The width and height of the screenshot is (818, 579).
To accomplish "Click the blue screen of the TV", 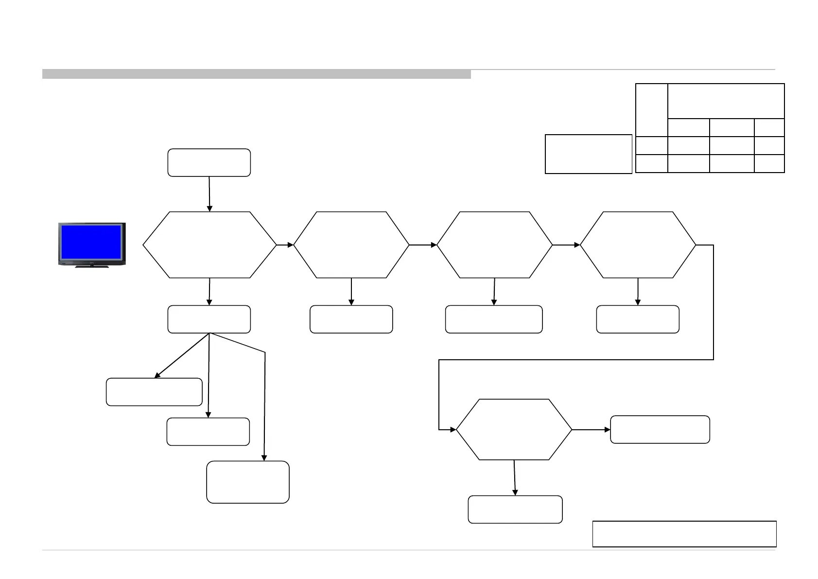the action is point(91,242).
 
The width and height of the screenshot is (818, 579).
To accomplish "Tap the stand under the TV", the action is point(92,266).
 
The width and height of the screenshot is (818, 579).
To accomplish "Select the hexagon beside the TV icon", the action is point(209,245).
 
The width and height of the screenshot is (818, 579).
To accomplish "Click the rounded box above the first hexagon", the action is point(209,162).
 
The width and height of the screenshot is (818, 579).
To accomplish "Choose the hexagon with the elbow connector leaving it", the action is point(638,245).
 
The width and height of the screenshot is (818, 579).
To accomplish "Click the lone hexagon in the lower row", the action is point(514,429).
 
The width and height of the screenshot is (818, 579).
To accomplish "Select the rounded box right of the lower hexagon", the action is point(660,429).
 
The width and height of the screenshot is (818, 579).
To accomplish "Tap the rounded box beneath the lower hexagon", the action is point(515,509).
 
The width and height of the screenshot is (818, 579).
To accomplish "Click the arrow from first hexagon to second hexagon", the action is point(285,245).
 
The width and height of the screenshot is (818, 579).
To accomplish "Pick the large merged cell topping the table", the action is point(726,101).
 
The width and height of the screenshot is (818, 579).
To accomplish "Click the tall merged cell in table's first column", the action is point(651,110).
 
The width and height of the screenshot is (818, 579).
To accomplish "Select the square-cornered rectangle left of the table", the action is point(588,154).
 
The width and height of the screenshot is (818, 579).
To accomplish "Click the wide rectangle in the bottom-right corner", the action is point(684,534).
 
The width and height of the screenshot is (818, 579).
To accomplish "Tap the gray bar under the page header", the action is point(256,74).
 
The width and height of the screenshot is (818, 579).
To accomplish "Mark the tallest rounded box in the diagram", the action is point(248,482).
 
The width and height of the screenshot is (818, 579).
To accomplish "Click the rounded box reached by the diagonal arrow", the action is point(154,392).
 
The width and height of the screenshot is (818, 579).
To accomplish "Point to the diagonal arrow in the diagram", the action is point(181,356).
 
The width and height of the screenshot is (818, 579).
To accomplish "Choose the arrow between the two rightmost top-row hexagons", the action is point(567,245).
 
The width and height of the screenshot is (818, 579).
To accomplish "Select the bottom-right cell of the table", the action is point(769,163).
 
